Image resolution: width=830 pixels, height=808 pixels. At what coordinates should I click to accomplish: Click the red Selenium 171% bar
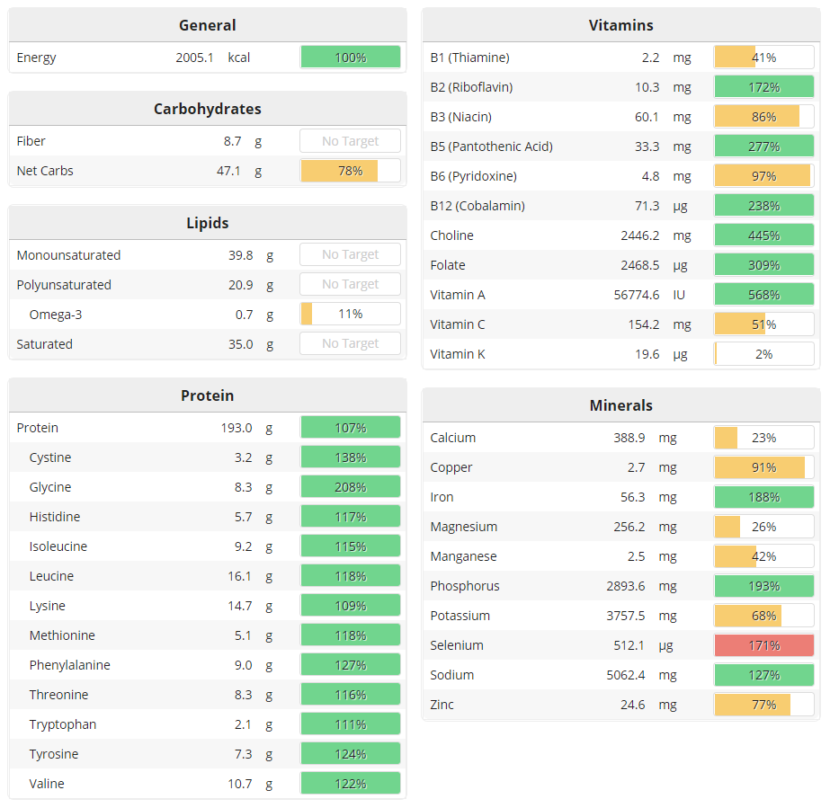763,645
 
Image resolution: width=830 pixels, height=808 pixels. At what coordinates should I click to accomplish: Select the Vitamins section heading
620,25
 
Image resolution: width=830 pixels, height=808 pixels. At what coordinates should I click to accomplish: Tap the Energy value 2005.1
194,58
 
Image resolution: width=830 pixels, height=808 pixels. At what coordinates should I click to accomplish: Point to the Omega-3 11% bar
350,314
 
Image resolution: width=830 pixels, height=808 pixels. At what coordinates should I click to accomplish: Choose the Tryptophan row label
63,724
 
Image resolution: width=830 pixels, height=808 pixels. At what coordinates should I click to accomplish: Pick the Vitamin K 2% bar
763,354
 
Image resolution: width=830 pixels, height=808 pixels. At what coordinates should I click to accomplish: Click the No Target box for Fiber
350,141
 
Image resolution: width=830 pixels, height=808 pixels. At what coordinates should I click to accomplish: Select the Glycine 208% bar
350,487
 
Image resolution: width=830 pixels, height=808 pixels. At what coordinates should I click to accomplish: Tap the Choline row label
451,235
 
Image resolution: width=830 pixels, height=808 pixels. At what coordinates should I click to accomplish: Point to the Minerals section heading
620,405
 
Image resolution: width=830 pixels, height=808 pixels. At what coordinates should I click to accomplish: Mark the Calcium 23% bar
763,438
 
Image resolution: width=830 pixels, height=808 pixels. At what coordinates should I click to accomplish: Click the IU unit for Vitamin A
681,295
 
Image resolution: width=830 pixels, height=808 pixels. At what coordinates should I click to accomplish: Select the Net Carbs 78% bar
350,171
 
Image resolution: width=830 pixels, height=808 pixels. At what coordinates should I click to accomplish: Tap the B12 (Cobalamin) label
477,206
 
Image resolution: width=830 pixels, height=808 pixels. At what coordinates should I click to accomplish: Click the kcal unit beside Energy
239,58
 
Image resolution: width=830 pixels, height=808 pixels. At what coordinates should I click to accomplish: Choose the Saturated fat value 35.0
240,344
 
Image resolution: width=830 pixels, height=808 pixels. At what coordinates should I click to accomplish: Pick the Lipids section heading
207,223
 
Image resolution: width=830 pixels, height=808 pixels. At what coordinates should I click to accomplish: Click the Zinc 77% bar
763,705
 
